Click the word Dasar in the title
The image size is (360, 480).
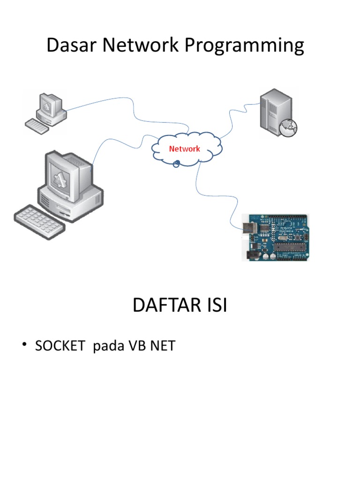[71, 46]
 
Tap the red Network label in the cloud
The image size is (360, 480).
[184, 149]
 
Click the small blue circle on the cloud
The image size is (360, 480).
[176, 164]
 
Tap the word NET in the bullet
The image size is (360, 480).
[162, 347]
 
